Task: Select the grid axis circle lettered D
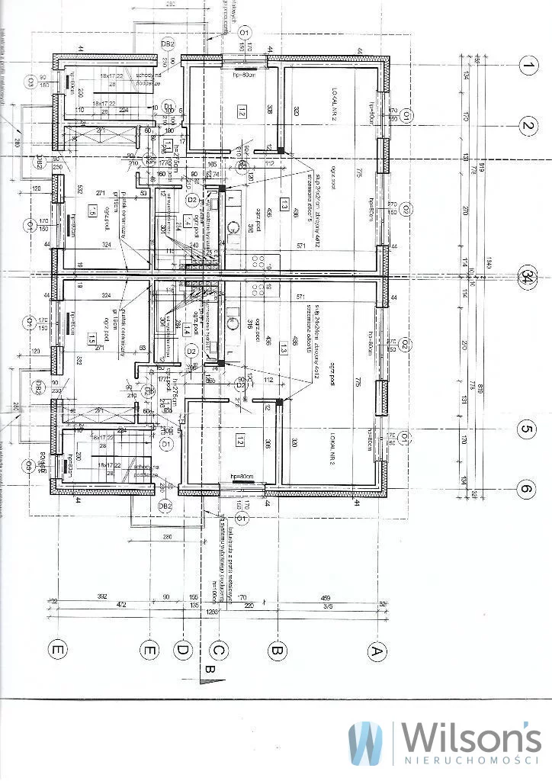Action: click(x=183, y=650)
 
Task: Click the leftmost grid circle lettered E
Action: click(x=56, y=650)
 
